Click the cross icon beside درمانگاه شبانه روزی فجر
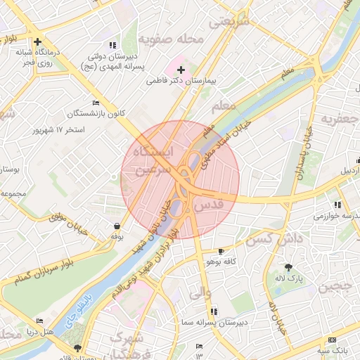37,41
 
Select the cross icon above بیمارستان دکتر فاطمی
181,70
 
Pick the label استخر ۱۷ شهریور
58,130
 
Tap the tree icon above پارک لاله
288,267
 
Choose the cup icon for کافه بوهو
221,251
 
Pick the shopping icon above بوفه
116,226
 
